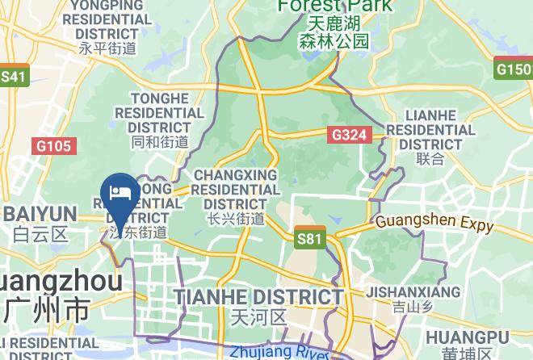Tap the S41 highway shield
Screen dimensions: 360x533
(x=14, y=77)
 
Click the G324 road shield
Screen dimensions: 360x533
(x=349, y=135)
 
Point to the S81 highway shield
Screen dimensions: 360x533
(x=309, y=238)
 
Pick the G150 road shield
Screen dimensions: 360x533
(x=514, y=69)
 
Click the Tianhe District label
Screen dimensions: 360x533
(x=258, y=297)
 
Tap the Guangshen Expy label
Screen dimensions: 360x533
(x=434, y=222)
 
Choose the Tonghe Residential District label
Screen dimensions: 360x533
(x=160, y=112)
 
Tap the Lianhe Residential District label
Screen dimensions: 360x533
(x=430, y=129)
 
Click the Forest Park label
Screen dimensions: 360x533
(x=334, y=6)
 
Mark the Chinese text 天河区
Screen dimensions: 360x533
(x=258, y=316)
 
